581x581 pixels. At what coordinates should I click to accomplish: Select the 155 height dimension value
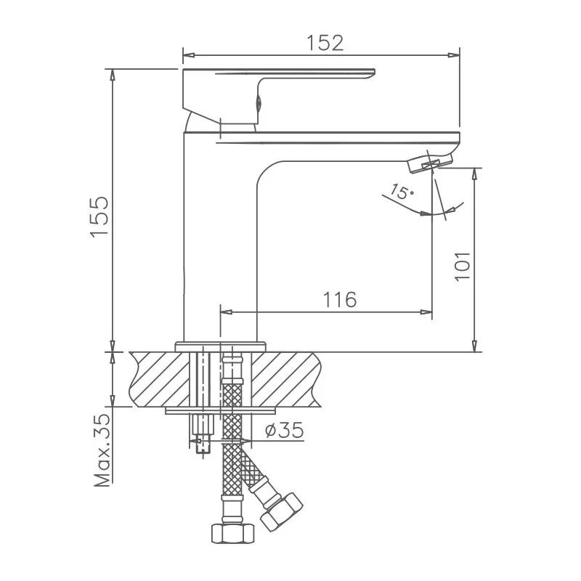point(99,216)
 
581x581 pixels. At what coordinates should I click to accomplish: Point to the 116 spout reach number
point(339,299)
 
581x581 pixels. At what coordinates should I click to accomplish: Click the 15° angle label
point(400,192)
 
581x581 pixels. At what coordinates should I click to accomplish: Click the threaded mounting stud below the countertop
point(201,434)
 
